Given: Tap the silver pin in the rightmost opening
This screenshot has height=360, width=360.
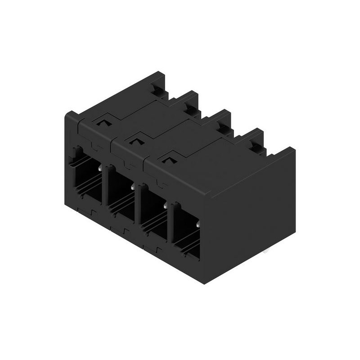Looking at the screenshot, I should point(198,222).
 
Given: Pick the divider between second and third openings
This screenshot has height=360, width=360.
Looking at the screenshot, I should point(138,207).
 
